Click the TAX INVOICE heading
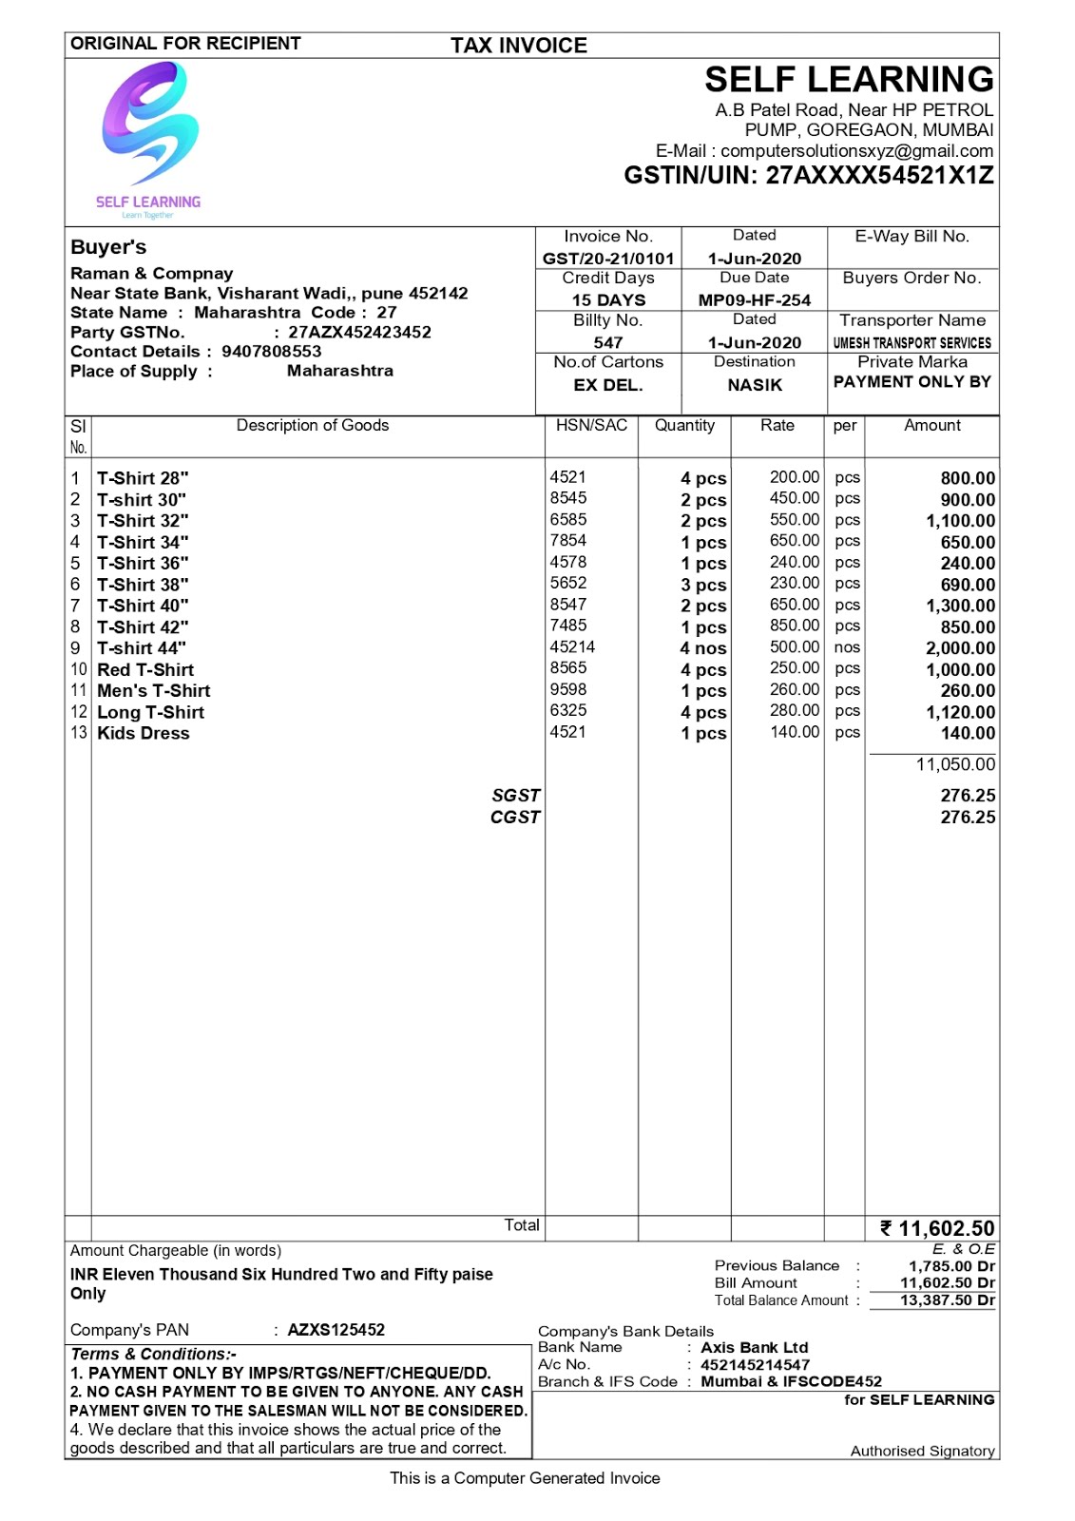click(518, 46)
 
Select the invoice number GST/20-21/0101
click(608, 259)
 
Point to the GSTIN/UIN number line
click(808, 176)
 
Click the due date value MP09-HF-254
click(755, 300)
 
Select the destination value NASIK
click(755, 385)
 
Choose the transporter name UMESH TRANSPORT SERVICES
click(912, 343)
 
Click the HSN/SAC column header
click(591, 426)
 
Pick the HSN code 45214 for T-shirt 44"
click(572, 647)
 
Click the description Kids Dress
click(144, 734)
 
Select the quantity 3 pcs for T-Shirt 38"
click(703, 586)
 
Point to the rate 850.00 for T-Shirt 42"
click(794, 626)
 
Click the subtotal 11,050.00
click(955, 764)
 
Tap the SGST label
click(515, 796)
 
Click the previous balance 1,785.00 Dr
click(951, 1266)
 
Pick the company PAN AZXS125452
click(336, 1330)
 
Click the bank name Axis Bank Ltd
click(754, 1348)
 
